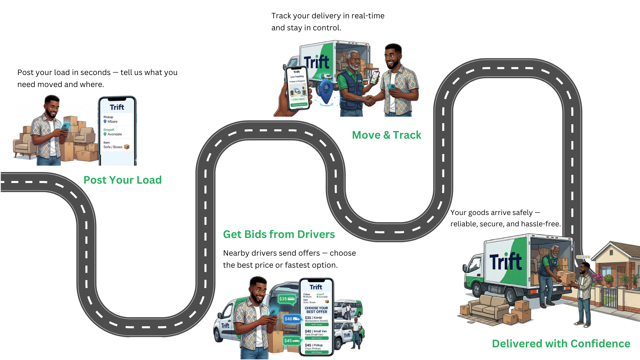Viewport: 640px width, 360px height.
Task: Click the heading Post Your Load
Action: (122, 180)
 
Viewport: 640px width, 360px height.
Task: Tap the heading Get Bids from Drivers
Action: (279, 234)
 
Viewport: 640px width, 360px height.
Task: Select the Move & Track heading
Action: (386, 135)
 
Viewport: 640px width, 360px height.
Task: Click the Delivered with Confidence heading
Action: (561, 344)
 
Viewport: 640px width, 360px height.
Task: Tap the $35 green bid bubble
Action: (287, 299)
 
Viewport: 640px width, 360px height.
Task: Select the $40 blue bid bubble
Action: (292, 319)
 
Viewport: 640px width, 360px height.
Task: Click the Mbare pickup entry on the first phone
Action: (112, 122)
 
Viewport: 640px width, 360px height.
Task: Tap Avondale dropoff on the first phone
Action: (114, 134)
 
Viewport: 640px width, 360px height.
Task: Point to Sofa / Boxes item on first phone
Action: (113, 147)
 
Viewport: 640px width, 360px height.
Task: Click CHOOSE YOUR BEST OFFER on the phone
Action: (316, 310)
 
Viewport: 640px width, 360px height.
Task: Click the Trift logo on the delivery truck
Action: (505, 262)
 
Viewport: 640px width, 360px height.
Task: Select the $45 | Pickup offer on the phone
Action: (314, 345)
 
